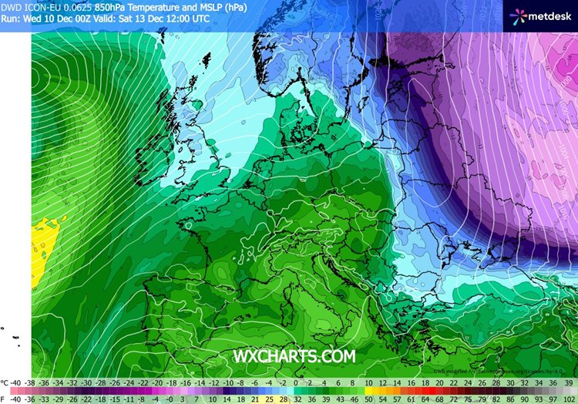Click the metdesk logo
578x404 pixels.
[x=539, y=15]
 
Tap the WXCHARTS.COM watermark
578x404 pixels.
[x=295, y=355]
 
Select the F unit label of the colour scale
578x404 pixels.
[x=4, y=399]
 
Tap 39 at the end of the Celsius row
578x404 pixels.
[x=568, y=382]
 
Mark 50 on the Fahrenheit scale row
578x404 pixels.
[x=368, y=399]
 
